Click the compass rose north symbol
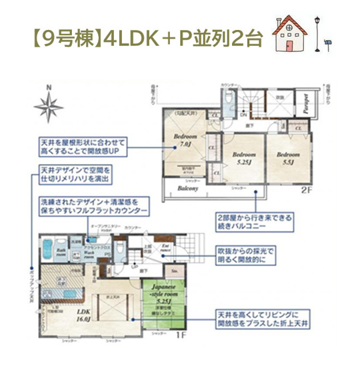tap(49, 104)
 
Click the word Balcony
tap(188, 188)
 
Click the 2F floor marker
tap(306, 190)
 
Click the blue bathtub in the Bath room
tap(49, 251)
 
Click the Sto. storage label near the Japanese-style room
tap(174, 271)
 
